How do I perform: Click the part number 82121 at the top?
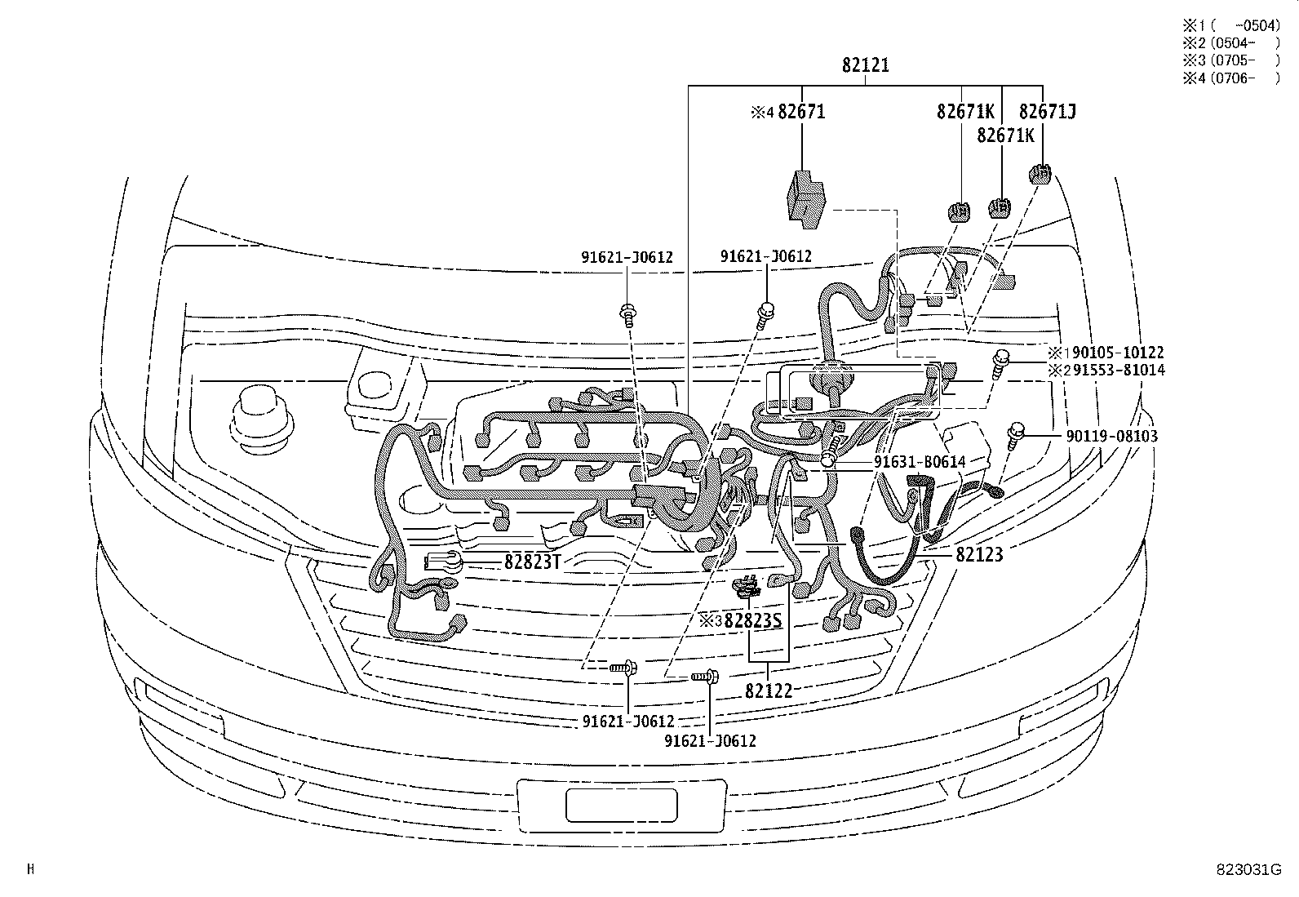[866, 65]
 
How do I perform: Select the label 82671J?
[1047, 111]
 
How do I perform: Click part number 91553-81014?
[1119, 371]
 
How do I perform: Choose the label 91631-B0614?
[920, 462]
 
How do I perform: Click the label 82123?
[979, 554]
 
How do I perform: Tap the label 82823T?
[533, 562]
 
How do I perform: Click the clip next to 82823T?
[444, 562]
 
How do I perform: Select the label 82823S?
[752, 621]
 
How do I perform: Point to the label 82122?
[768, 691]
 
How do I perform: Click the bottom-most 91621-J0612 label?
[710, 741]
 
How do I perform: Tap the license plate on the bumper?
[621, 805]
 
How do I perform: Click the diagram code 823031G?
[1247, 869]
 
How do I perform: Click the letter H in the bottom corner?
[31, 869]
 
